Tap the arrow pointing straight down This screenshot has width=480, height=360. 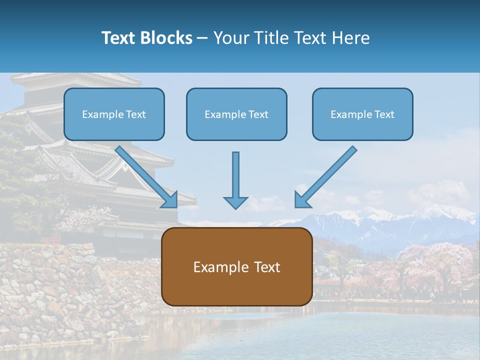pos(235,180)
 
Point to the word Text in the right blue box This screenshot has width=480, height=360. pos(384,114)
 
